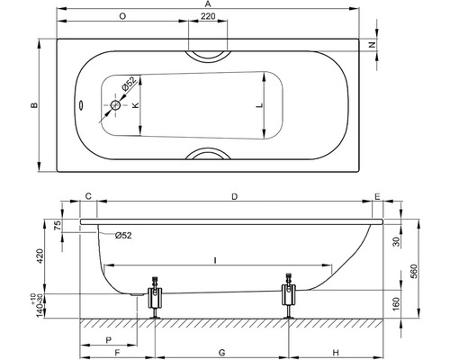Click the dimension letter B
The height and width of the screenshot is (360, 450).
[33, 106]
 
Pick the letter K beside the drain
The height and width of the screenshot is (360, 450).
[136, 105]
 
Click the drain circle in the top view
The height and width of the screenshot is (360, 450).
[115, 105]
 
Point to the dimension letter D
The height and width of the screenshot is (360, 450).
[235, 195]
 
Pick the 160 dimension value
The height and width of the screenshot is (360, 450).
[397, 303]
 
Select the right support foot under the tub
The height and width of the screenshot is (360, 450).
[289, 298]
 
